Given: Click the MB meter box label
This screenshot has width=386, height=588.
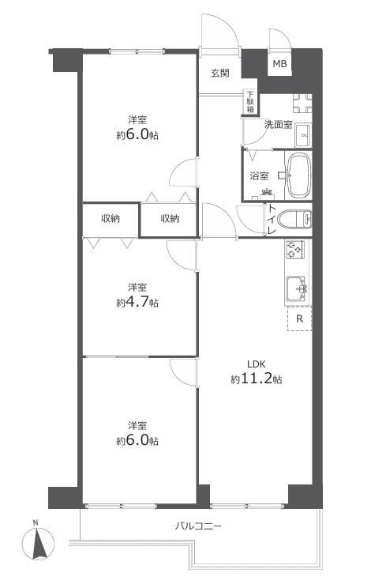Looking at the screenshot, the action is (x=279, y=64).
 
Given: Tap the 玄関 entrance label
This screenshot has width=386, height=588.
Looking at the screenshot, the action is (x=219, y=73).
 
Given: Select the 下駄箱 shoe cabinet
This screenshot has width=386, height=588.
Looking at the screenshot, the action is (x=250, y=102).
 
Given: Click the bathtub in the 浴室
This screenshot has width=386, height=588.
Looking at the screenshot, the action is (x=298, y=175).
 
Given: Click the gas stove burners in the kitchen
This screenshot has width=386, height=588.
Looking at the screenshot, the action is (x=295, y=250).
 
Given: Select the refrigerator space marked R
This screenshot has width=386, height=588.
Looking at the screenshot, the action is (x=299, y=318).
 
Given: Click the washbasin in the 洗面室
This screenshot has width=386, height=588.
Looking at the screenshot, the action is (x=303, y=135).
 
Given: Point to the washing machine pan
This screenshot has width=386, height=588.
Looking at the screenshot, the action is (x=302, y=103).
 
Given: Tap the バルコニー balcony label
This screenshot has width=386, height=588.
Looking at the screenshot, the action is (x=198, y=526).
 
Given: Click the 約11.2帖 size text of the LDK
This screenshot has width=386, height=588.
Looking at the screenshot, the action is (x=257, y=379).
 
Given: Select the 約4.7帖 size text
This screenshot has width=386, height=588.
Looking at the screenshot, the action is (x=137, y=302).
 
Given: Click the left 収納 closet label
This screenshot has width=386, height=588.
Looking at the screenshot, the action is (x=111, y=219).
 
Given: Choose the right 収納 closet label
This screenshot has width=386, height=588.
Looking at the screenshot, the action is (x=170, y=219).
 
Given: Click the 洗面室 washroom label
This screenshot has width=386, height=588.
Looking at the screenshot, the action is (x=278, y=125).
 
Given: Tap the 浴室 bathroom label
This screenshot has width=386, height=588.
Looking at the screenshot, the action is (x=259, y=175).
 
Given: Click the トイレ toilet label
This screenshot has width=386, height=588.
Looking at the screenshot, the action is (x=272, y=220).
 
